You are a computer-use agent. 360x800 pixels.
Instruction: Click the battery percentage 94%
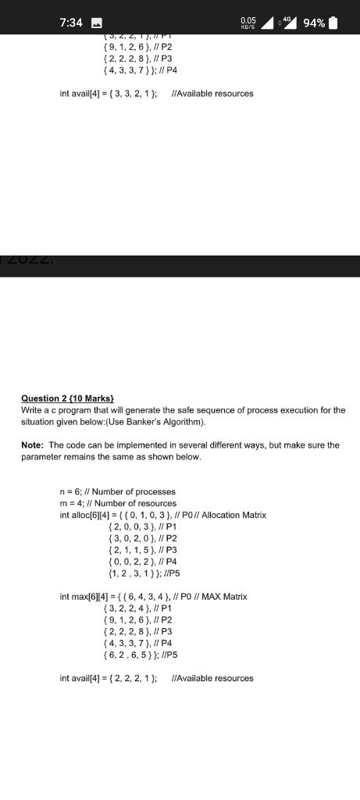tap(314, 23)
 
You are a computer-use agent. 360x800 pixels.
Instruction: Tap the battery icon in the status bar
tap(333, 23)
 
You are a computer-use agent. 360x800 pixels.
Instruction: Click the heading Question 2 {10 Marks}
tap(68, 398)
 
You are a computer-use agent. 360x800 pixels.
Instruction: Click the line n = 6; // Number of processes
tap(118, 491)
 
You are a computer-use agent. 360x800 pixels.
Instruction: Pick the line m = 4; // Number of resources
tap(118, 503)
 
